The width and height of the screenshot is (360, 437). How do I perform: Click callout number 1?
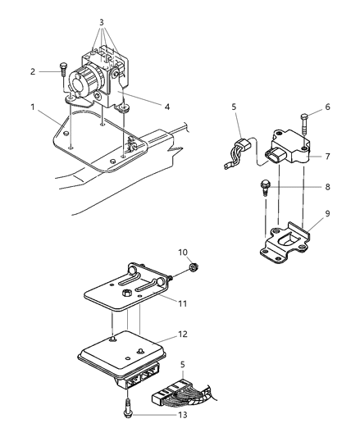click(x=33, y=107)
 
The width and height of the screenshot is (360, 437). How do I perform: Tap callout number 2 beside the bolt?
click(x=33, y=71)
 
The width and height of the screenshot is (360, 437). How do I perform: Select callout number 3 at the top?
click(x=102, y=22)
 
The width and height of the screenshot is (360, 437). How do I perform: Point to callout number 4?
click(x=166, y=107)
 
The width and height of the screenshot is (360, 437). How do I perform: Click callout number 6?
click(x=327, y=107)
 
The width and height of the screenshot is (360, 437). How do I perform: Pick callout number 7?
click(x=327, y=157)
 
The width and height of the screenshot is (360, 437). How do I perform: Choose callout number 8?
click(x=327, y=186)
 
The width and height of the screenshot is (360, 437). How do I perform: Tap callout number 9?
click(x=327, y=213)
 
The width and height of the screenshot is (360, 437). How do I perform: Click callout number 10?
click(x=183, y=253)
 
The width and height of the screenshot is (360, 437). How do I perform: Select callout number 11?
click(x=182, y=303)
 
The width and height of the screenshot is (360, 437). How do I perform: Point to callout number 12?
click(x=183, y=334)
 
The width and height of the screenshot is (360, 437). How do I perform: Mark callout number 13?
click(x=183, y=415)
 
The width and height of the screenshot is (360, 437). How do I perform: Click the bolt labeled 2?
click(x=62, y=71)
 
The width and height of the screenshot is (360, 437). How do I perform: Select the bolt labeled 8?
click(x=264, y=188)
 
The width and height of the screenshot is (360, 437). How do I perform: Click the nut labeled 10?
click(x=193, y=268)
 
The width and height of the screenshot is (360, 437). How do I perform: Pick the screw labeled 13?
click(x=127, y=408)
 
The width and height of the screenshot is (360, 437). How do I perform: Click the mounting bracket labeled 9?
click(x=285, y=242)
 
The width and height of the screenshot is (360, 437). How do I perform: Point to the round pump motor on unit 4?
click(x=86, y=81)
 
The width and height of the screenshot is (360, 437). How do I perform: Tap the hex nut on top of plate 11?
click(x=126, y=293)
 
